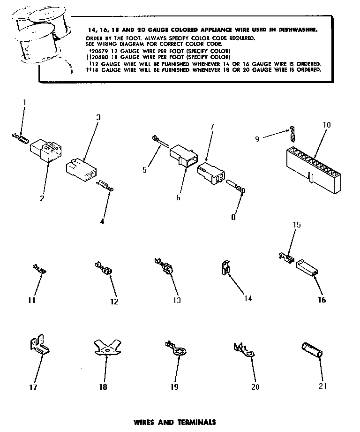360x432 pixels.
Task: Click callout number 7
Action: click(x=211, y=127)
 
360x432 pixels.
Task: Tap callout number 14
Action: click(x=248, y=298)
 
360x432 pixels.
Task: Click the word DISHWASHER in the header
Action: click(x=300, y=29)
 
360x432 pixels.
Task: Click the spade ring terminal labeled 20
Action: click(x=243, y=350)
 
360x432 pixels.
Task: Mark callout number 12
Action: click(x=114, y=302)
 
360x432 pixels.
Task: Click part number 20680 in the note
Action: click(x=100, y=56)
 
